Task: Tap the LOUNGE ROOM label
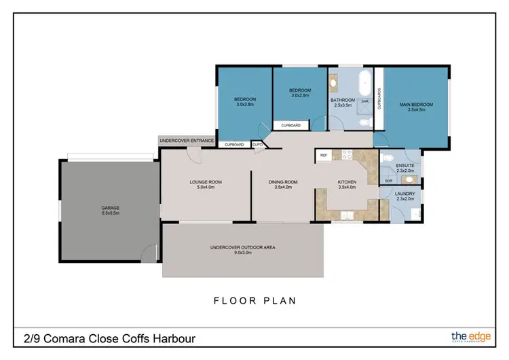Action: tap(206, 182)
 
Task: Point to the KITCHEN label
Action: tap(347, 182)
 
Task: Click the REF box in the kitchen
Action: tap(324, 156)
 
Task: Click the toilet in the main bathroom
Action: tap(365, 122)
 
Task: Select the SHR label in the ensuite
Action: tap(389, 181)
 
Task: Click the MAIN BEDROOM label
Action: tap(416, 105)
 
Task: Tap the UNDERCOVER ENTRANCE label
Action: tap(187, 141)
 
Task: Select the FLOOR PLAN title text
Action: tap(254, 300)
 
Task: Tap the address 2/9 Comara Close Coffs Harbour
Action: tap(110, 338)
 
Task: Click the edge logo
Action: tap(468, 336)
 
